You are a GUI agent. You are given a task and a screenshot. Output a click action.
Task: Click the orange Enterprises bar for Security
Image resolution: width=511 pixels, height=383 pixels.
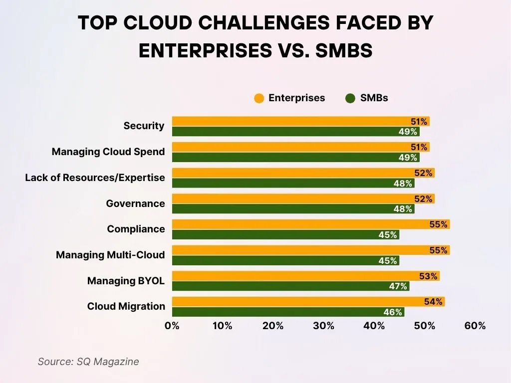tap(299, 121)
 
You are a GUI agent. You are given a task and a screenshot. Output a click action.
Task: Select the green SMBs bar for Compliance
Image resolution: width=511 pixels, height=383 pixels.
tap(284, 234)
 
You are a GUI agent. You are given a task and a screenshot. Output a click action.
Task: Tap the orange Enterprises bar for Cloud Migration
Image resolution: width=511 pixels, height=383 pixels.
tap(307, 302)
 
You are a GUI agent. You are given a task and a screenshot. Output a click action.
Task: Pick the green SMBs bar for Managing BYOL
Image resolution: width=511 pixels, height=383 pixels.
tap(289, 286)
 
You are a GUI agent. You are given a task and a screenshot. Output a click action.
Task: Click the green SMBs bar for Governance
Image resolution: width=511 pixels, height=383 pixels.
tap(292, 208)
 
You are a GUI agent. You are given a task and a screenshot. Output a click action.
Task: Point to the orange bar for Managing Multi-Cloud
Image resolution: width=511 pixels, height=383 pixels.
tap(309, 250)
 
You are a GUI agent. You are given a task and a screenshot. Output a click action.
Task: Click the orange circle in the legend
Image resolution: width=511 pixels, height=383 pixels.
tap(258, 98)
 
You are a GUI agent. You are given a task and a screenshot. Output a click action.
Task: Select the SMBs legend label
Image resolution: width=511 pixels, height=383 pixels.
tap(374, 98)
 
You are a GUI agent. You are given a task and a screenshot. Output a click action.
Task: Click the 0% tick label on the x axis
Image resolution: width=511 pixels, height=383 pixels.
tap(172, 326)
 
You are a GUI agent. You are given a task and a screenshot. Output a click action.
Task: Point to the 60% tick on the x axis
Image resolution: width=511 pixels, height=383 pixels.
tap(475, 326)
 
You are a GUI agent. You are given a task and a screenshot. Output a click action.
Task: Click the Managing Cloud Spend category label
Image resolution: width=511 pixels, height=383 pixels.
tap(108, 152)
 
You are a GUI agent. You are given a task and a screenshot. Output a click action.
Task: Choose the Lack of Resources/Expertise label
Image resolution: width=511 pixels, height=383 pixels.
tap(95, 178)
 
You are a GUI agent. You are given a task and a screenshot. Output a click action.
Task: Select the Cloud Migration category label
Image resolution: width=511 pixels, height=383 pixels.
tap(126, 306)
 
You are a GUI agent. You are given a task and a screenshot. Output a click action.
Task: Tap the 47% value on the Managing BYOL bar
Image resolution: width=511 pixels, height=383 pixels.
tap(398, 286)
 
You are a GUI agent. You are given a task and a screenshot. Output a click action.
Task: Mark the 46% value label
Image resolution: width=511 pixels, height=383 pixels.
tap(393, 312)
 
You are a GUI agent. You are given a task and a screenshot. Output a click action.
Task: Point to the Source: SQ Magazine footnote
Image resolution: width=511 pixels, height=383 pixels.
tap(88, 362)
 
